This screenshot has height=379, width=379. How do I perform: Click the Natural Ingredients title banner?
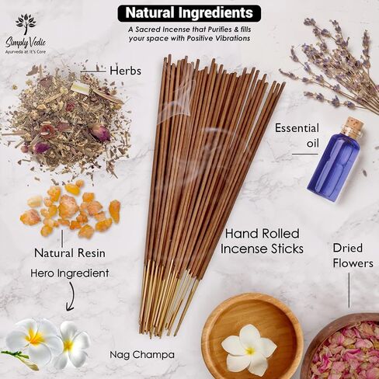189,13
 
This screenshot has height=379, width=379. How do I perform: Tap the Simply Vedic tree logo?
26,24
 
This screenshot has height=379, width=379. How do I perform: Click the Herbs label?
126,71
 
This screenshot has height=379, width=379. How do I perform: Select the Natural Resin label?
70,253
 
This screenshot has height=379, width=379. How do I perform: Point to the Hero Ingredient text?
70,273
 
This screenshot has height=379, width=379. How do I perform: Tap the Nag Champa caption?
142,355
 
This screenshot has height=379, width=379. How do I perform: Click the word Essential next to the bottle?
297,128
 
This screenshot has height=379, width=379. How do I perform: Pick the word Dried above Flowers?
348,248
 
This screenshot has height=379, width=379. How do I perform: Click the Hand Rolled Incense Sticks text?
262,242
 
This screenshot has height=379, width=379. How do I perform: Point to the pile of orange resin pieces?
71,208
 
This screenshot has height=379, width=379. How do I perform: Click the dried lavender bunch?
334,64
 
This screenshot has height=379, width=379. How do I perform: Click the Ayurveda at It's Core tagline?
26,52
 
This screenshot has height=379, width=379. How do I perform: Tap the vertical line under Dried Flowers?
349,290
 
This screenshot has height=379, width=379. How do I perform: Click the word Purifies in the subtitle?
220,30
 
